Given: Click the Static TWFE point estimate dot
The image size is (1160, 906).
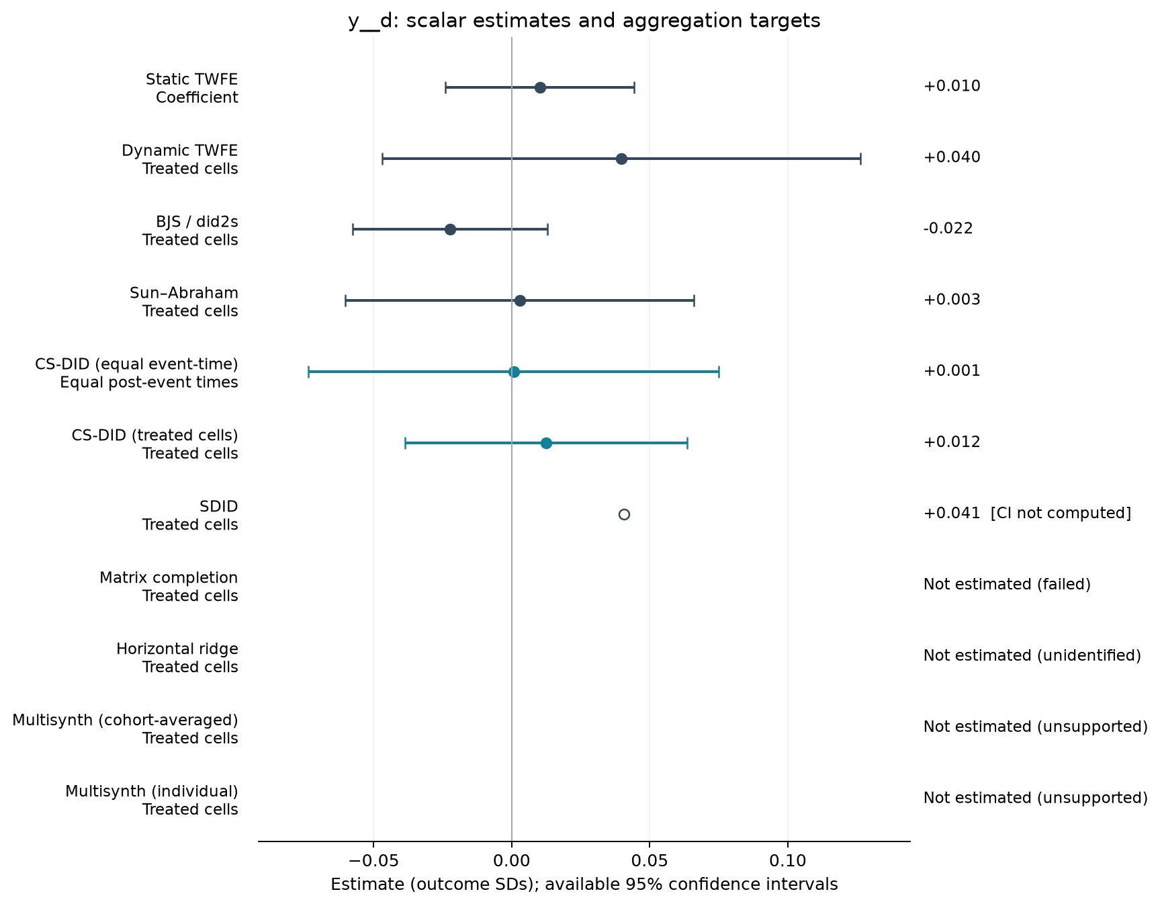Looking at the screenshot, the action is click(x=540, y=87).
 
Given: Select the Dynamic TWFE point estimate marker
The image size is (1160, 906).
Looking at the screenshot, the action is click(x=621, y=159).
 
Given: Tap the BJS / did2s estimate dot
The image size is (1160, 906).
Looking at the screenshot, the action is click(x=450, y=230).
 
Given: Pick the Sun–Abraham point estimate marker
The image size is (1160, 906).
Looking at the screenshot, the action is click(x=520, y=300).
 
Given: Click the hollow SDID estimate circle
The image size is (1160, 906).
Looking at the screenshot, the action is click(x=624, y=514).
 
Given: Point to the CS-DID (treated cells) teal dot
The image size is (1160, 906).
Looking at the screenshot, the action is click(x=546, y=443).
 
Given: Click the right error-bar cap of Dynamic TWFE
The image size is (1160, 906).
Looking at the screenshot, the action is click(x=860, y=159).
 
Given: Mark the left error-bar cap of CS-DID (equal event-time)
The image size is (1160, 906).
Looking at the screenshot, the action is click(x=308, y=372).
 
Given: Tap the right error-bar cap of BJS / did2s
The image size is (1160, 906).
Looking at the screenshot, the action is click(x=547, y=230).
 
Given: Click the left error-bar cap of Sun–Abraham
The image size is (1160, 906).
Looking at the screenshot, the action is click(x=345, y=300).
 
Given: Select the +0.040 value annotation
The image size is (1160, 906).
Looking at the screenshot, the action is click(x=952, y=157).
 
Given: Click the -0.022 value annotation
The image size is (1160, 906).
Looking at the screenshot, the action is click(x=948, y=229).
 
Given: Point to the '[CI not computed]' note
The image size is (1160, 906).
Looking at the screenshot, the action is click(x=1061, y=513).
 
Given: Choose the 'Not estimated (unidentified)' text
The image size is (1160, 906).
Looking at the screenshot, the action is click(x=1032, y=656).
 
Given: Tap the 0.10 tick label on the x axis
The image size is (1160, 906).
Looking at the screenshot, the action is click(x=788, y=860).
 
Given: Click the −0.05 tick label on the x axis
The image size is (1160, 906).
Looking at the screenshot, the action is click(x=373, y=860).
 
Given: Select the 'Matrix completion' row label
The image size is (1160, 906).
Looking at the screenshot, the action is click(x=169, y=578).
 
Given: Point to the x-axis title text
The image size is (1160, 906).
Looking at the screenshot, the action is click(x=584, y=884).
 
